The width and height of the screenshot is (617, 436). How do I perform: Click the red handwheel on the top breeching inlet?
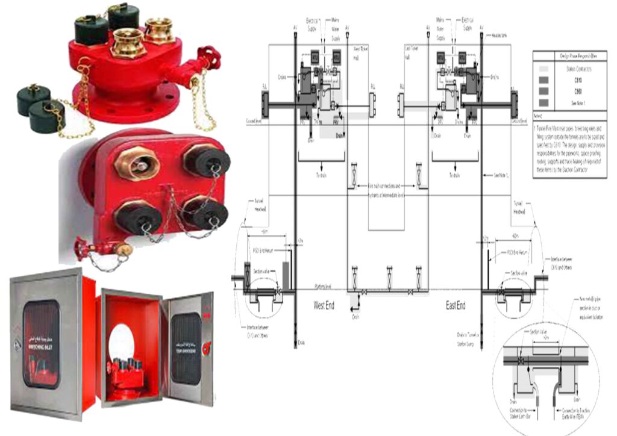pyautogui.click(x=210, y=59)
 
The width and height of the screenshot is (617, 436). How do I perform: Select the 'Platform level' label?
pyautogui.click(x=324, y=287)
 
